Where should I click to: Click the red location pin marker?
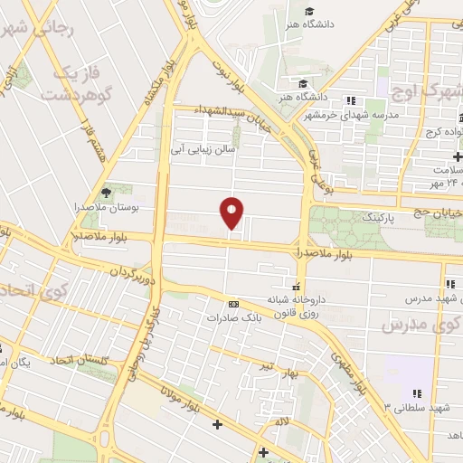[232, 213]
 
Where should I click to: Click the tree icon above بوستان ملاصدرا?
[107, 192]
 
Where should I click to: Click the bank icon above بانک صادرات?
[234, 304]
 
